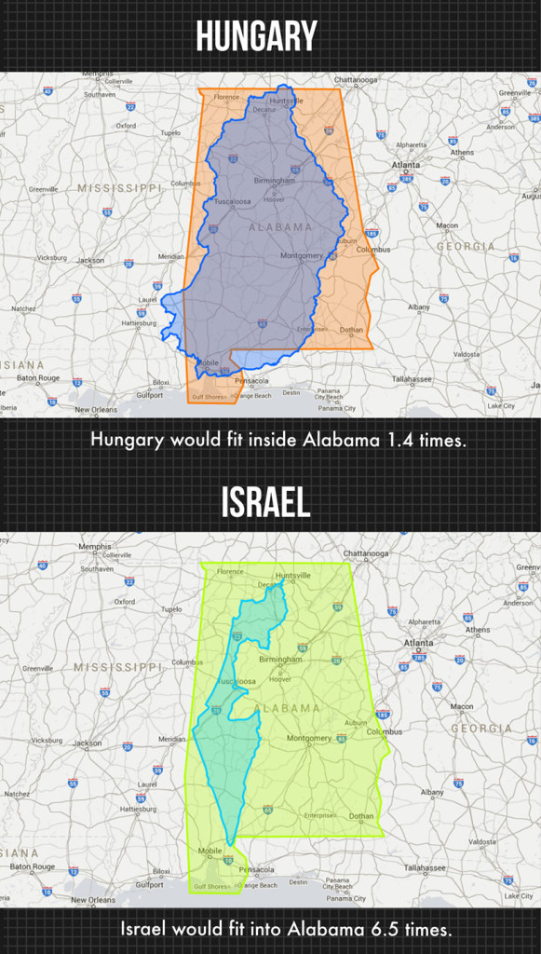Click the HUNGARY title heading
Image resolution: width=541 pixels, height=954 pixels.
(x=256, y=36)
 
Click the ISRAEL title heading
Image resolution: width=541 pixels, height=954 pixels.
(x=265, y=503)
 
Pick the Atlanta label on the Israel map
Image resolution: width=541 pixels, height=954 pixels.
(x=418, y=643)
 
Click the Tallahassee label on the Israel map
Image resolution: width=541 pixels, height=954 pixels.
(x=412, y=866)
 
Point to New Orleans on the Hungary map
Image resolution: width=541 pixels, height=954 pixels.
(x=96, y=409)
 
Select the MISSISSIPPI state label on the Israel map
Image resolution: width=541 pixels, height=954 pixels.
(x=118, y=667)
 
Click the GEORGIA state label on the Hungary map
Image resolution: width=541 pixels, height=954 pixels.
(x=466, y=247)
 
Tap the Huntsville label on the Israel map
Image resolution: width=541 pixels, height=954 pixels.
(x=292, y=576)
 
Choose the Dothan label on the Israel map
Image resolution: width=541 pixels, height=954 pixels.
(x=361, y=816)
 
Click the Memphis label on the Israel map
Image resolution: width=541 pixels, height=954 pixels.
(x=95, y=547)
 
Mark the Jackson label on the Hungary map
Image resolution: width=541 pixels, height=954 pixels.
(x=90, y=261)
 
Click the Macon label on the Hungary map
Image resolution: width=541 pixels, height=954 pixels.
(x=447, y=225)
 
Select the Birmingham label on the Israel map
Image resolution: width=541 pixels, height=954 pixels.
(x=281, y=660)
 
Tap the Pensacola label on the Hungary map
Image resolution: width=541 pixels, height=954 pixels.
(x=251, y=380)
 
